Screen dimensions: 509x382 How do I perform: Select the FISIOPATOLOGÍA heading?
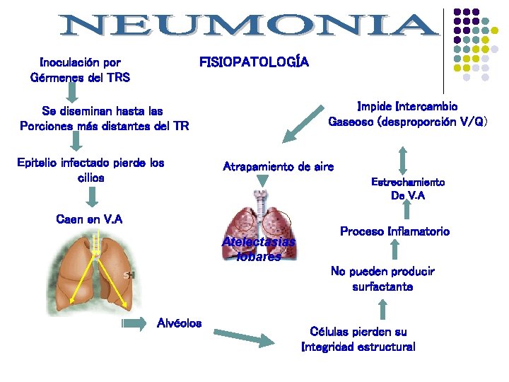click(x=254, y=62)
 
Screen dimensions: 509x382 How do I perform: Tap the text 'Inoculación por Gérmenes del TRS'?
click(x=81, y=69)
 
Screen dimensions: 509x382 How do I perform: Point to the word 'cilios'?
click(x=90, y=178)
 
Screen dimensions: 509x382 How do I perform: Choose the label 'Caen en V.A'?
click(x=89, y=219)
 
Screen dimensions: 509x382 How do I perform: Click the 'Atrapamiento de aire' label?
click(x=278, y=167)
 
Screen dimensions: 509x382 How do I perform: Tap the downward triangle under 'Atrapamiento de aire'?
click(x=263, y=183)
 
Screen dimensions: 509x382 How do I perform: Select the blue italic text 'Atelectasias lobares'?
click(x=258, y=249)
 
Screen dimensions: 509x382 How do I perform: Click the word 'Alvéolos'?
click(x=179, y=323)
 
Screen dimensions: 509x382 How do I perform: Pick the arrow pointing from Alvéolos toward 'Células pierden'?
click(x=242, y=337)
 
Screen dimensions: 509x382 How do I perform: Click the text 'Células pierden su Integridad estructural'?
click(x=358, y=339)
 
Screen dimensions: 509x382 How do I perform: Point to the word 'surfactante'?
click(x=382, y=286)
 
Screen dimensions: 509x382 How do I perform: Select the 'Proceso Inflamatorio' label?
click(x=394, y=231)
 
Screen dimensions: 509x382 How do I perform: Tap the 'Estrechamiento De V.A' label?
click(x=408, y=189)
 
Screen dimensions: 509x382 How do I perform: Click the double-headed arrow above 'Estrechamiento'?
click(x=403, y=160)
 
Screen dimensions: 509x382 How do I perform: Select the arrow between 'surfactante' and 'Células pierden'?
click(x=382, y=310)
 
